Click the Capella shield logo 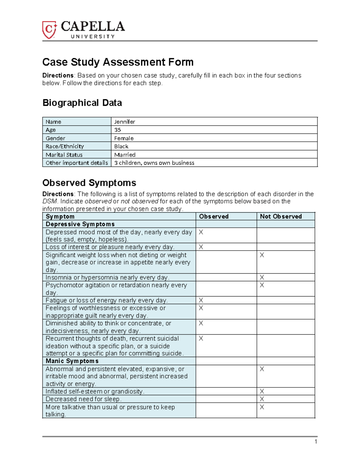pyautogui.click(x=49, y=30)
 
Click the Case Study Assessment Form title pyautogui.click(x=118, y=62)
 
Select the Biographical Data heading pyautogui.click(x=82, y=103)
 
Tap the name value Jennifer pyautogui.click(x=124, y=122)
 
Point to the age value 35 pyautogui.click(x=117, y=130)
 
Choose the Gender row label pyautogui.click(x=55, y=138)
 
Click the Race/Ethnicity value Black pyautogui.click(x=121, y=146)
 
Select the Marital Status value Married pyautogui.click(x=125, y=155)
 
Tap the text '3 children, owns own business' pyautogui.click(x=154, y=163)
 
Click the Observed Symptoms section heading pyautogui.click(x=89, y=183)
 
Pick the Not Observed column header pyautogui.click(x=280, y=216)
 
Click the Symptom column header pyautogui.click(x=60, y=216)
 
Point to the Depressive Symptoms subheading pyautogui.click(x=80, y=224)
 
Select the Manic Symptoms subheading pyautogui.click(x=72, y=361)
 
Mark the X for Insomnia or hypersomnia pyautogui.click(x=262, y=277)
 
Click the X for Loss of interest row pyautogui.click(x=201, y=247)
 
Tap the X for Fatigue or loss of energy pyautogui.click(x=201, y=300)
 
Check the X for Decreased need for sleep pyautogui.click(x=262, y=399)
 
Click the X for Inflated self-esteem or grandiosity pyautogui.click(x=262, y=391)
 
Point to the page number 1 pyautogui.click(x=316, y=441)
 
